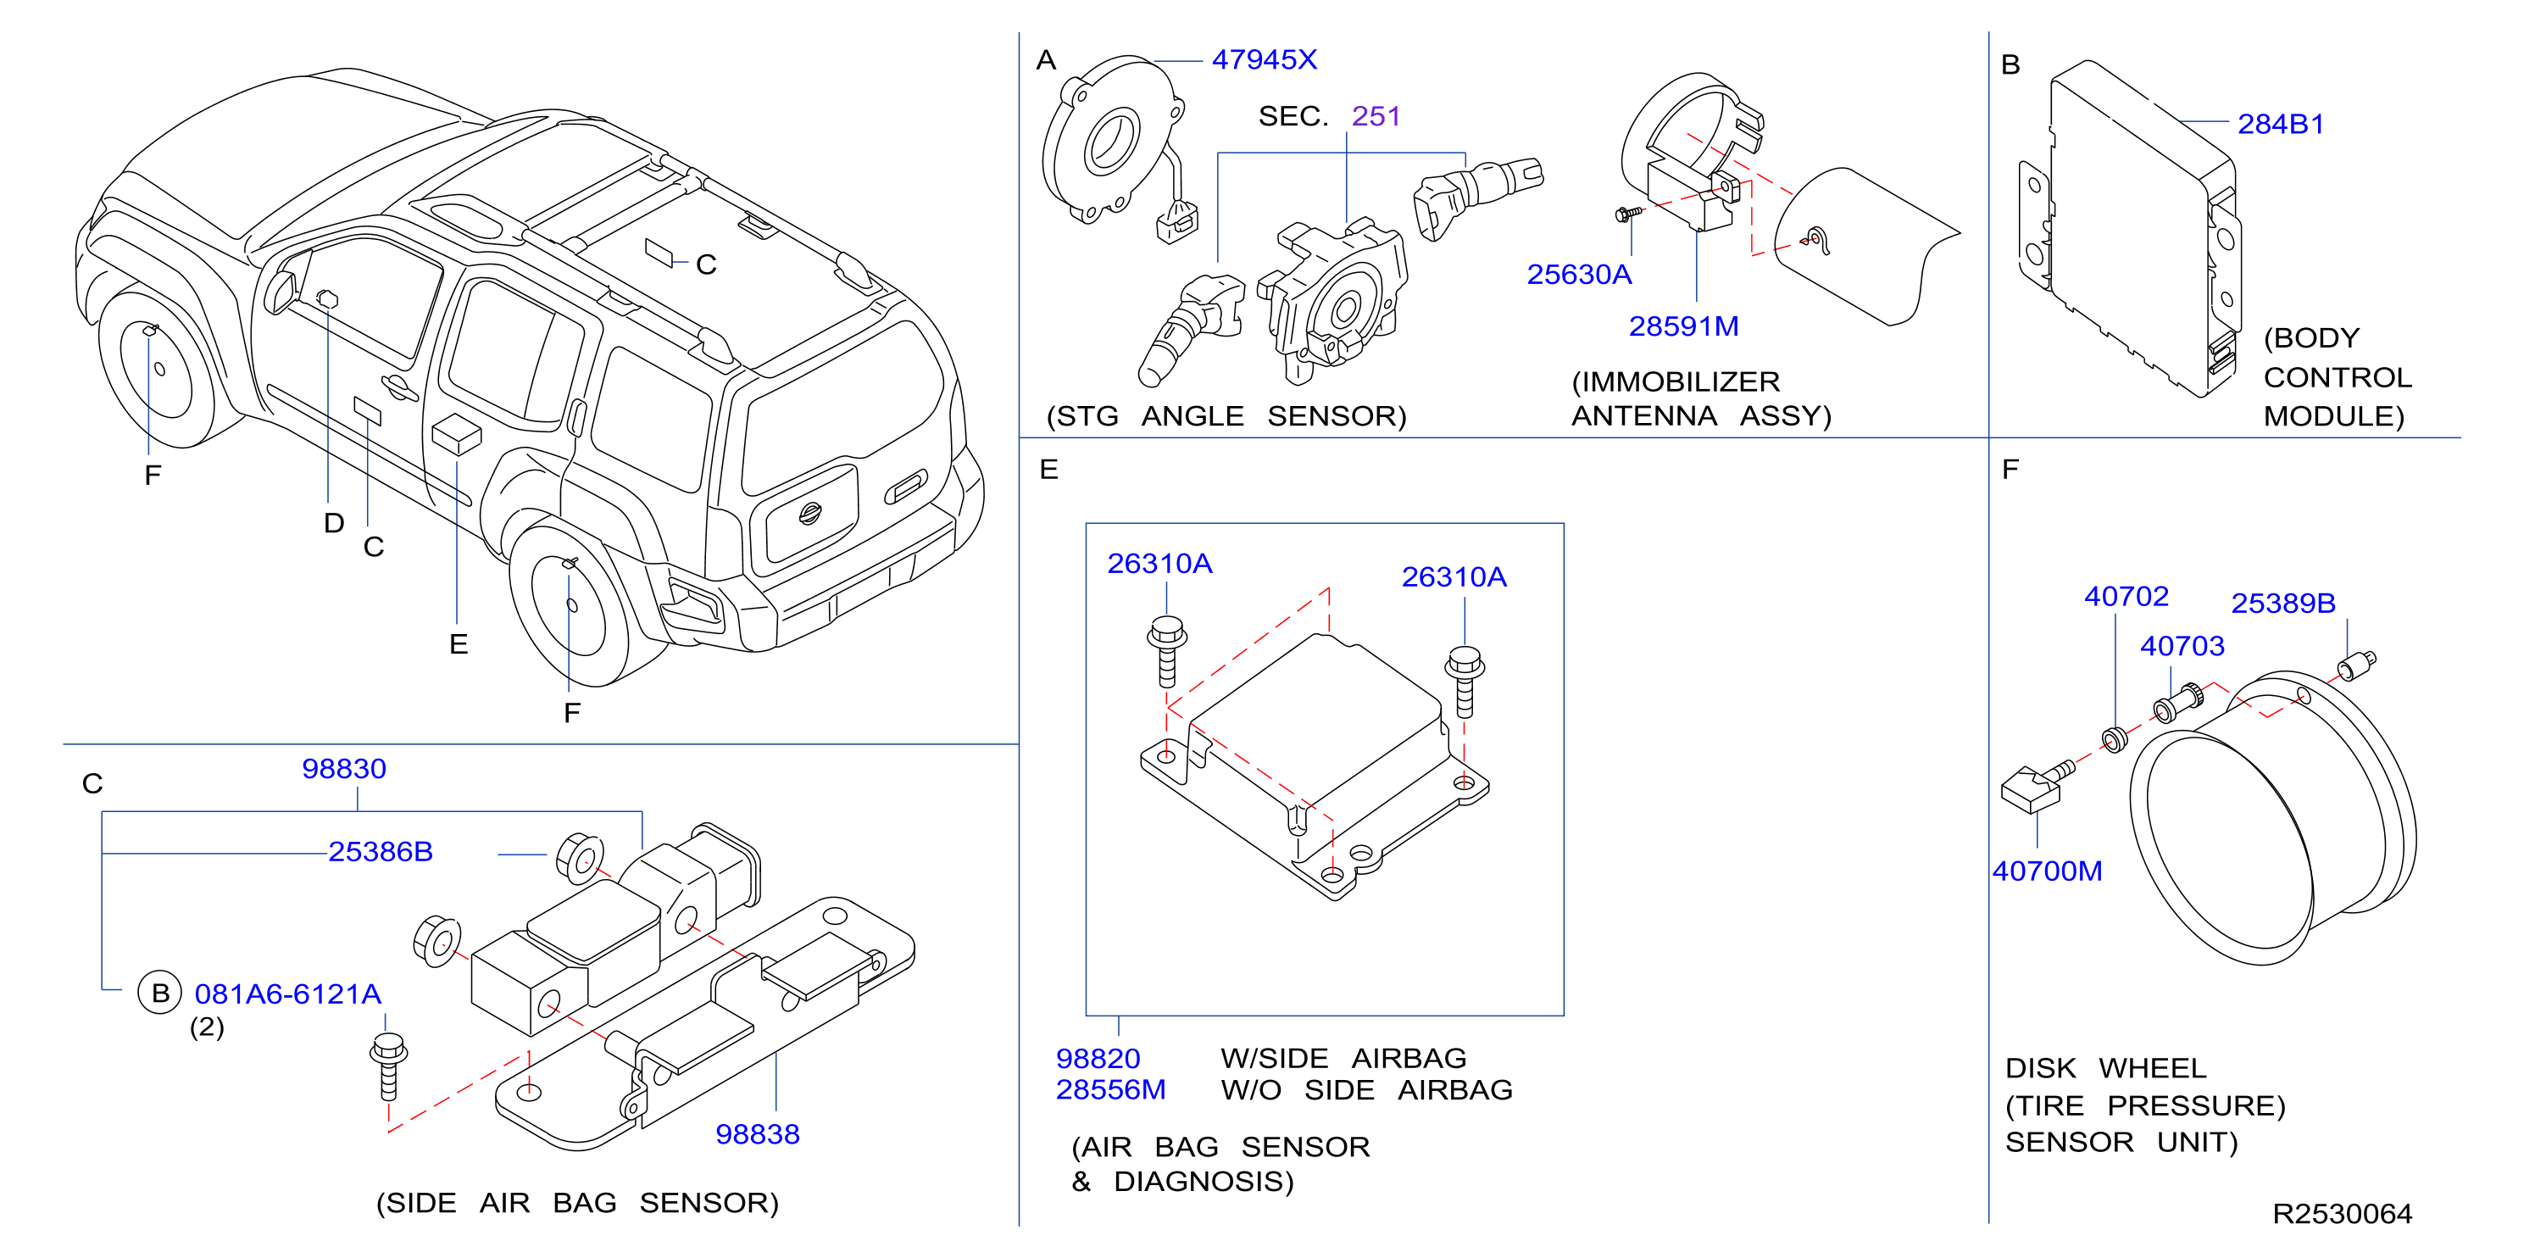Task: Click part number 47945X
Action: tap(1264, 60)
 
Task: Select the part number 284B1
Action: tap(2280, 125)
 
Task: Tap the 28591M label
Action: tap(1683, 326)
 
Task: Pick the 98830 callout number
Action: tap(344, 768)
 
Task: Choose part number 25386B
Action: tap(381, 851)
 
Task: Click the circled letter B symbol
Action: tap(159, 993)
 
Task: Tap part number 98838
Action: tap(758, 1133)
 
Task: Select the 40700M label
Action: tap(2047, 871)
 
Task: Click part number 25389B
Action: tap(2283, 604)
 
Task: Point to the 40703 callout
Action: tap(2182, 646)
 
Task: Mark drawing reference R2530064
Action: tap(2342, 1214)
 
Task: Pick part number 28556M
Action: tap(1110, 1089)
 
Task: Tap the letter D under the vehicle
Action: tap(334, 523)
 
